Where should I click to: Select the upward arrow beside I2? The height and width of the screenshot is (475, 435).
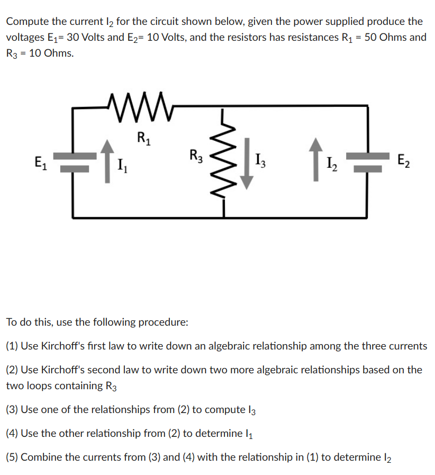click(x=316, y=159)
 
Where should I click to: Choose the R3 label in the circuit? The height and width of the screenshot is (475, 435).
click(x=196, y=156)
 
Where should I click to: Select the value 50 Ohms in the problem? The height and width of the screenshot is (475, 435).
click(x=387, y=38)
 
